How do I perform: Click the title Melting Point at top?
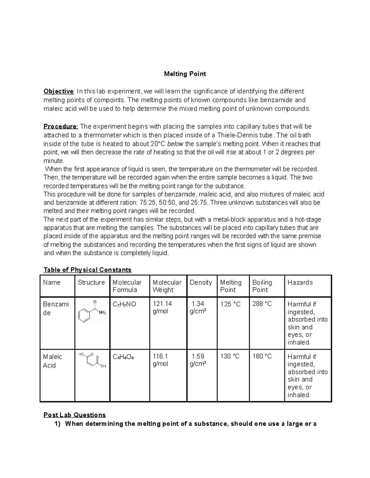(x=185, y=74)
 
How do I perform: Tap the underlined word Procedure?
(x=61, y=127)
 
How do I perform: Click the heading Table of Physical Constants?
(x=88, y=270)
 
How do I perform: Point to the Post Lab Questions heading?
(x=75, y=415)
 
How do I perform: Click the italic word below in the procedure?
(x=175, y=144)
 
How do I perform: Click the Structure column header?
(x=91, y=283)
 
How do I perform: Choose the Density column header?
(x=201, y=283)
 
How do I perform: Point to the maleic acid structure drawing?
(x=92, y=360)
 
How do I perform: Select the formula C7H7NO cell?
(x=124, y=304)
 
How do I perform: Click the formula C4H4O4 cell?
(x=123, y=357)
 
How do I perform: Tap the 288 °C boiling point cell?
(x=262, y=304)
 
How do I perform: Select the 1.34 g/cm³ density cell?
(x=198, y=307)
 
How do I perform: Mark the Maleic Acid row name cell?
(x=52, y=361)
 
